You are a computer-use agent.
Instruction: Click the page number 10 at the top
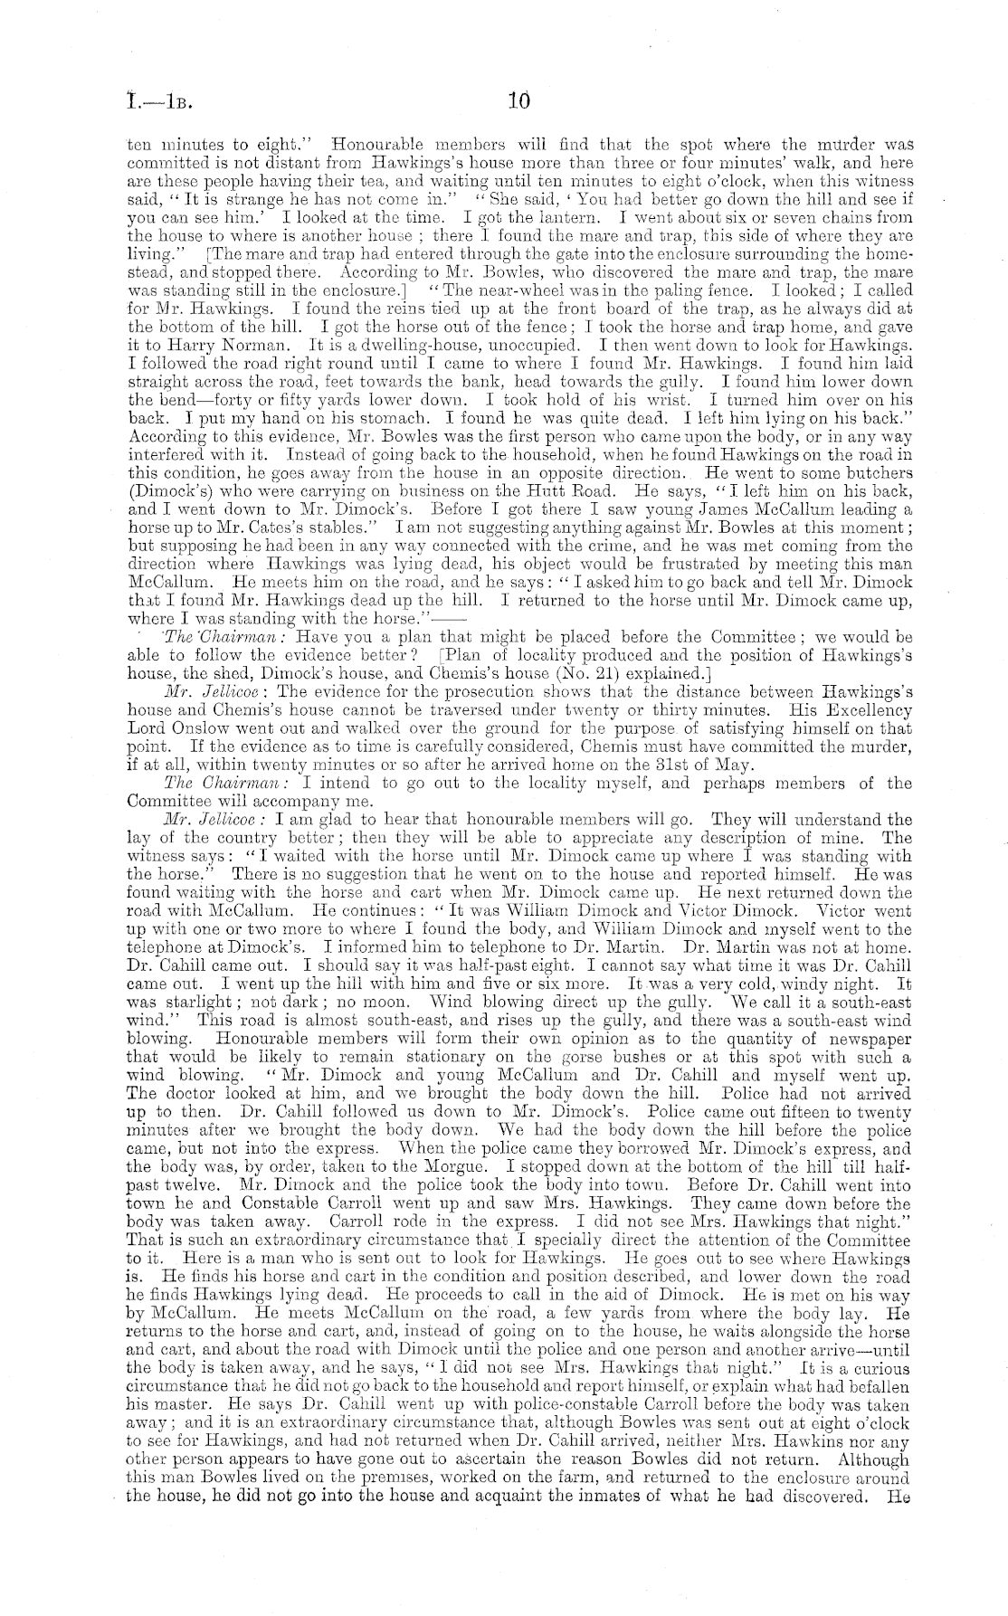click(x=518, y=101)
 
